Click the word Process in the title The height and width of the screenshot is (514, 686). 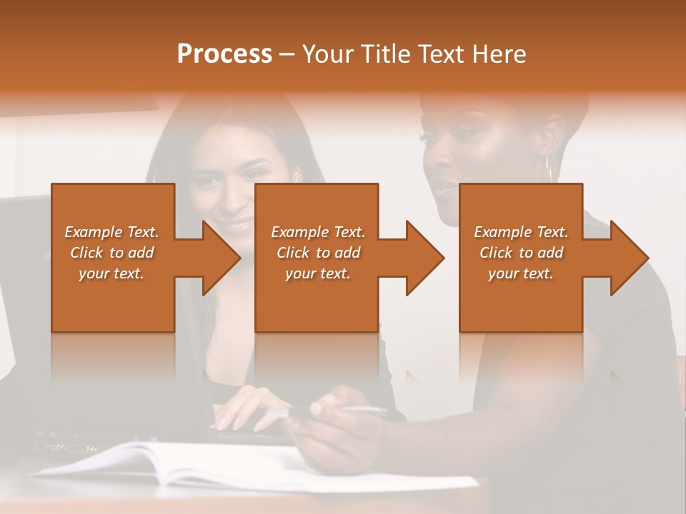(224, 54)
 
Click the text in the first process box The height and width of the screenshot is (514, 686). (111, 253)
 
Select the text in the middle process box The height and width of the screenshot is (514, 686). (317, 253)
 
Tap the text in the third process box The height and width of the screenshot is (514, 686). (520, 253)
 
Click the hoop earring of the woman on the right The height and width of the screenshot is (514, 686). (550, 168)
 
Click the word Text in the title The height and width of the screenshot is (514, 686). (440, 54)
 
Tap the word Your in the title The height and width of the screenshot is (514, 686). (325, 54)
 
